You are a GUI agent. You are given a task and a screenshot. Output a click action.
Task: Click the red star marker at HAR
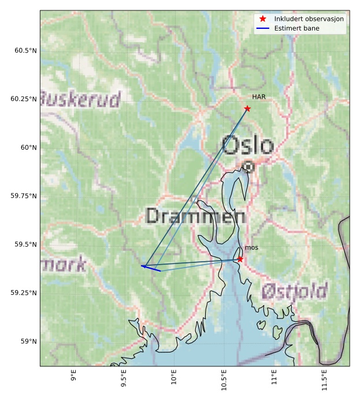[x=247, y=109]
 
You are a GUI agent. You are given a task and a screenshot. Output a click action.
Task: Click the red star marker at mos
[x=240, y=259]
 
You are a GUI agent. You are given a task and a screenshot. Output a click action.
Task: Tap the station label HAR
[x=258, y=97]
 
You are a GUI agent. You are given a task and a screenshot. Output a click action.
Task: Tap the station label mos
[x=251, y=247]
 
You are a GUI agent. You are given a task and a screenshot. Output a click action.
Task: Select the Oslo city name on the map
[x=247, y=146]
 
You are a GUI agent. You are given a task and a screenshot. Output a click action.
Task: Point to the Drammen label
[x=195, y=216]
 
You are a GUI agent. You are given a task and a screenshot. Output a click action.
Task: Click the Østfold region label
[x=295, y=290]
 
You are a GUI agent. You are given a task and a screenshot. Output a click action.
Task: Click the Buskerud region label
[x=81, y=99]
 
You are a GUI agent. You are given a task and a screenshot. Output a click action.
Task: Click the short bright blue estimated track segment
[x=151, y=268]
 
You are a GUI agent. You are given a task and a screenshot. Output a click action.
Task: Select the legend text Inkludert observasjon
[x=309, y=19]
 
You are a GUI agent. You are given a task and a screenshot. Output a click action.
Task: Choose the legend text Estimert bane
[x=297, y=28]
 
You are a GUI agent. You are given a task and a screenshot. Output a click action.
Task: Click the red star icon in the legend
[x=263, y=19]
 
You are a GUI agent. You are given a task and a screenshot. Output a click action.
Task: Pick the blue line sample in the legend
[x=263, y=28]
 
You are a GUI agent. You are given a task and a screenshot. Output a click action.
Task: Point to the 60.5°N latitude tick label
[x=25, y=50]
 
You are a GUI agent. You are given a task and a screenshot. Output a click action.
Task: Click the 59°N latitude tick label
[x=28, y=341]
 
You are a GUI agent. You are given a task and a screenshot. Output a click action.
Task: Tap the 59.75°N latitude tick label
[x=24, y=196]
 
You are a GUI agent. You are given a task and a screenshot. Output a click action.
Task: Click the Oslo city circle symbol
[x=248, y=166]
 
